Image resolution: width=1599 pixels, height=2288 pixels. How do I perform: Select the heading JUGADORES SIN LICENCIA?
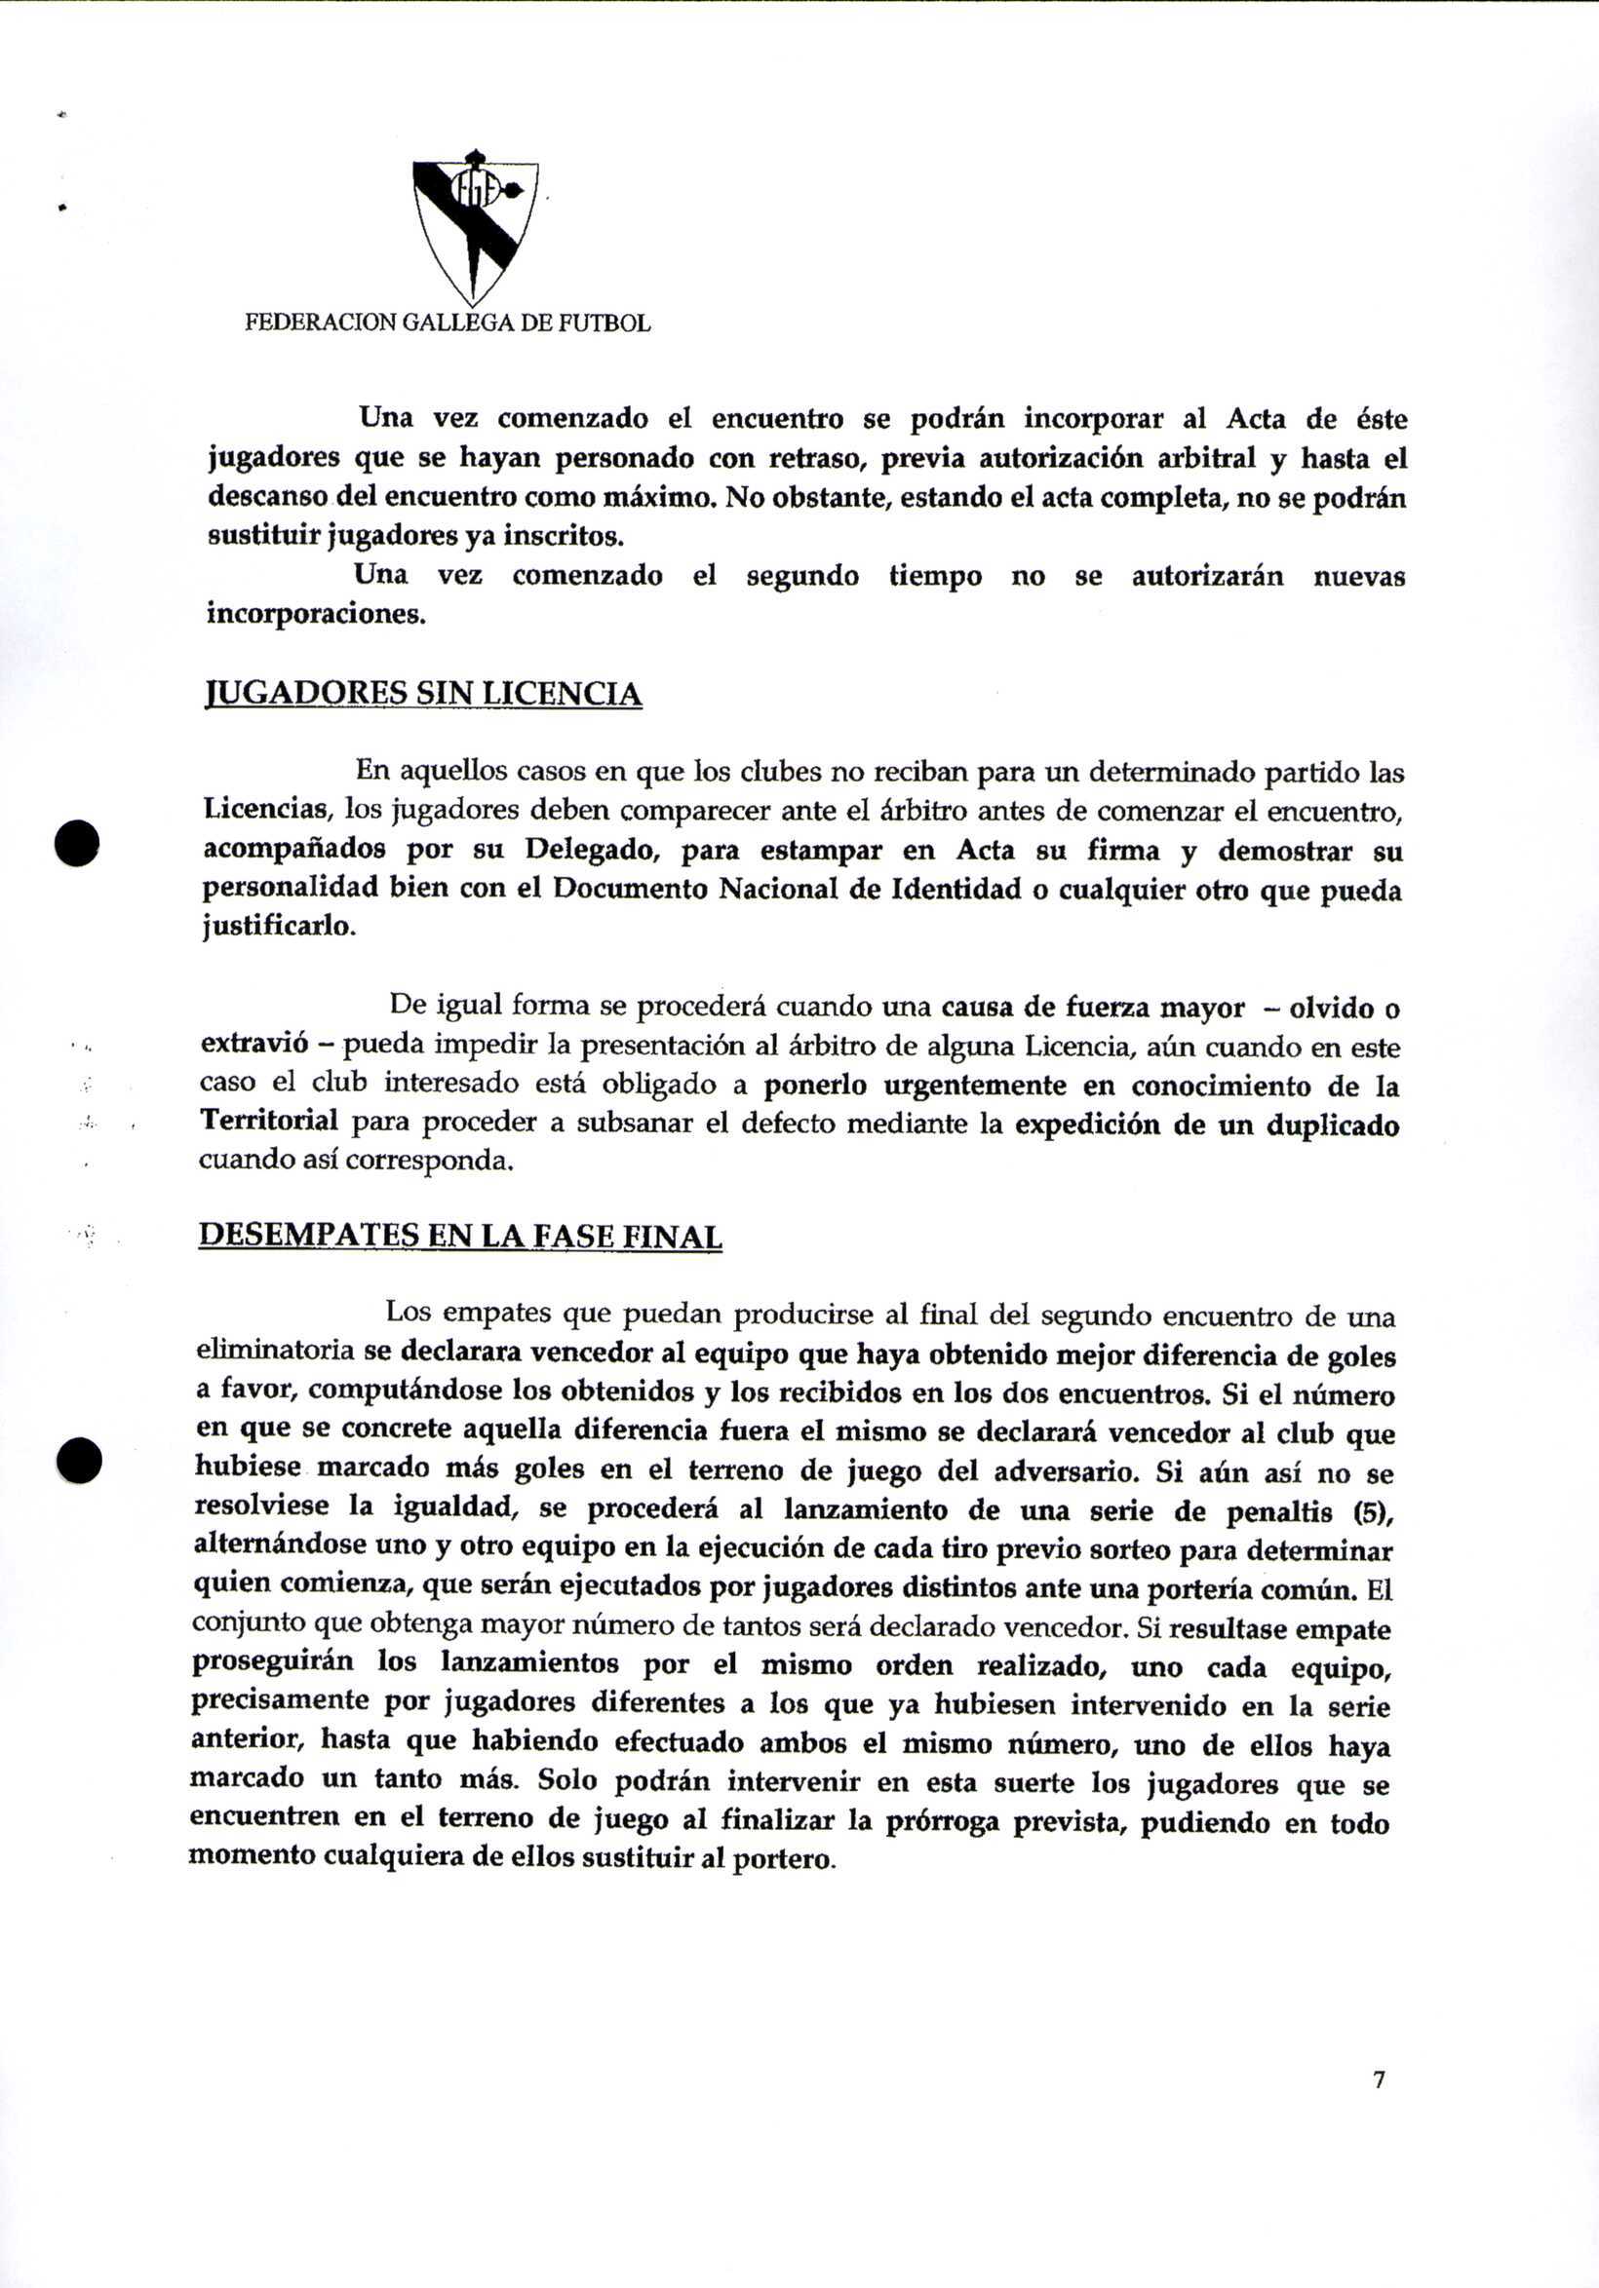423,693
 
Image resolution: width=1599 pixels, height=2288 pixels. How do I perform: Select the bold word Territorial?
269,1120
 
